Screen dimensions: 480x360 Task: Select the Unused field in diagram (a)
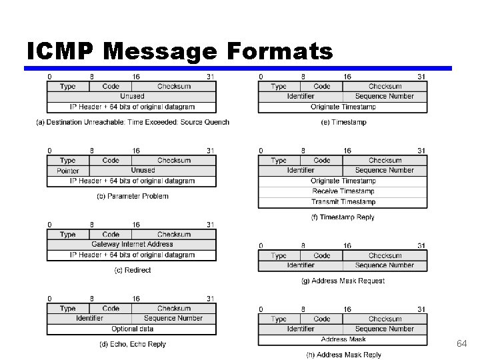[131, 97]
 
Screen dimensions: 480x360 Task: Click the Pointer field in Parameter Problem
[67, 171]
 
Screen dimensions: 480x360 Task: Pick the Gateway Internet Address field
[131, 245]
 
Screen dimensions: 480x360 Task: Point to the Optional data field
[131, 329]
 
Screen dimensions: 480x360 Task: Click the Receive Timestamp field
[343, 191]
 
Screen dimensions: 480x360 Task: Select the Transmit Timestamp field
[343, 201]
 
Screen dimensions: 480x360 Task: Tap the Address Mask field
[343, 339]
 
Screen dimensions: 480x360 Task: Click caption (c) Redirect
[133, 270]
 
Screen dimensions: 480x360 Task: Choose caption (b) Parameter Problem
[133, 196]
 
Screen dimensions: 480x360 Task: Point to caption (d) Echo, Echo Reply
[133, 344]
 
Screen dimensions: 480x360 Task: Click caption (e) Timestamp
[343, 122]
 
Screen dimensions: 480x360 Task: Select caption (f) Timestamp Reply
[343, 217]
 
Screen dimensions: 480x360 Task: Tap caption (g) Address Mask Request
[343, 281]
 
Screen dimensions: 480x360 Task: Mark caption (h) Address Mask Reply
[343, 355]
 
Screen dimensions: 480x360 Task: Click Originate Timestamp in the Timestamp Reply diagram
[343, 181]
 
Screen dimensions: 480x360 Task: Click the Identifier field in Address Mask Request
[301, 265]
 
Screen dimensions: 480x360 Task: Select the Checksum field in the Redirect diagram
[173, 235]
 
